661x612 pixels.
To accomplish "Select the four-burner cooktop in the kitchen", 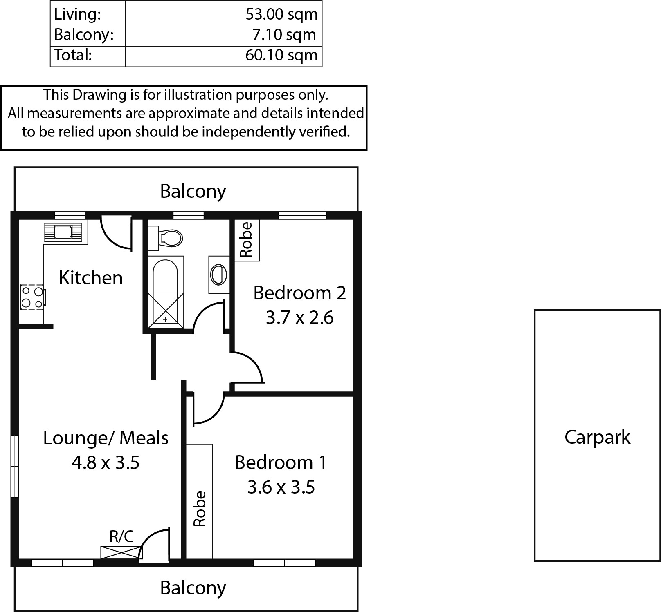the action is tap(32, 297).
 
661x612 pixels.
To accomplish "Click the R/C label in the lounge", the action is tap(121, 536).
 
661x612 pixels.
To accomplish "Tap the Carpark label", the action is tap(597, 437).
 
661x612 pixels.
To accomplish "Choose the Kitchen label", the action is tap(91, 277).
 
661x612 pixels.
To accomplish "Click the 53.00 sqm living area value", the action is tap(281, 14).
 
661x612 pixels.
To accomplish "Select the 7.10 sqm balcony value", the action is tap(284, 35).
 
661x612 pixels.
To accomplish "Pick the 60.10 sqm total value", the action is tap(281, 55).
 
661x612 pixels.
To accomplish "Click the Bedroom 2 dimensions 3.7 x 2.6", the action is tap(300, 317).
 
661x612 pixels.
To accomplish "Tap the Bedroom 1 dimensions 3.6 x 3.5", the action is tap(281, 487).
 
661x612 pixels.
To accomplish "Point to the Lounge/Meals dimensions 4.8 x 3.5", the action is tap(106, 463).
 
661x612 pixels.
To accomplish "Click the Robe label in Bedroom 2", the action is tap(246, 240).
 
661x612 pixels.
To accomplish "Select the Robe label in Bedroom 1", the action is tap(200, 509).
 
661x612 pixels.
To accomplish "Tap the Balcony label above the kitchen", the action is tap(193, 191).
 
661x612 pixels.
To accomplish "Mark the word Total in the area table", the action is tap(73, 55).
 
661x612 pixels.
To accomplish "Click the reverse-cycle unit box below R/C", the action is tap(121, 552).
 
